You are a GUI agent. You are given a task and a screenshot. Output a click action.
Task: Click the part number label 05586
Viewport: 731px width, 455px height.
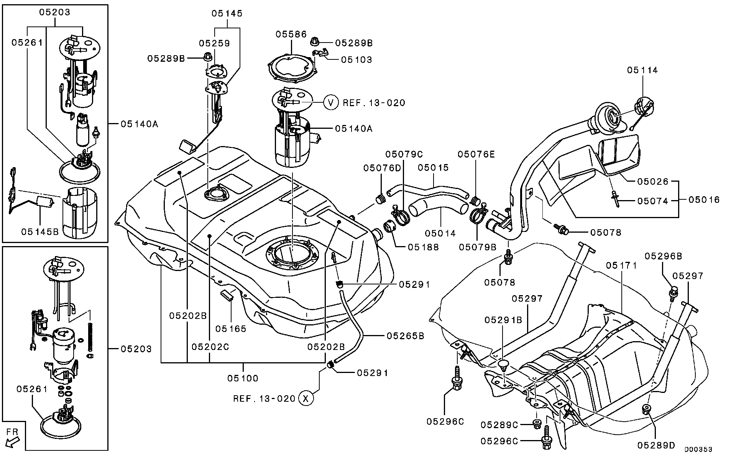(x=291, y=34)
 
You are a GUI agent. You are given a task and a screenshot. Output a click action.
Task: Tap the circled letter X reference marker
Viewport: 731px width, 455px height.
(x=306, y=398)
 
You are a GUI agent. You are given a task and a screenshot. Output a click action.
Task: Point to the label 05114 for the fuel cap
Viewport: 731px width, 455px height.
(x=642, y=70)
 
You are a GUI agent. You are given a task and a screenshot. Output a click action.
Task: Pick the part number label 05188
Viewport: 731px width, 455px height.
(x=423, y=247)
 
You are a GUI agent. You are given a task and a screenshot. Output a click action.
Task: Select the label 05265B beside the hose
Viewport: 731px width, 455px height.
(x=405, y=336)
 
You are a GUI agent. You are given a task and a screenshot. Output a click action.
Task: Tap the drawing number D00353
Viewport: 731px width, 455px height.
(x=698, y=449)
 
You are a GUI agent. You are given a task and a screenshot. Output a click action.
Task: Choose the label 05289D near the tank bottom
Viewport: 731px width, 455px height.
(x=656, y=445)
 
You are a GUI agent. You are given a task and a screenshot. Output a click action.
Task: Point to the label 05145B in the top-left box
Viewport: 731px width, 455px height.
(x=40, y=232)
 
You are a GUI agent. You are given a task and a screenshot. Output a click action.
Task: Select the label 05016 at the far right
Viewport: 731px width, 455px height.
(x=704, y=200)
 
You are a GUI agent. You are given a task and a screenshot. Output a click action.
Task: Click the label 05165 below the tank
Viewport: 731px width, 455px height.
(x=230, y=329)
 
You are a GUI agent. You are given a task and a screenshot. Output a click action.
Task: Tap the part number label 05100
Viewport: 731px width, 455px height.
(x=243, y=378)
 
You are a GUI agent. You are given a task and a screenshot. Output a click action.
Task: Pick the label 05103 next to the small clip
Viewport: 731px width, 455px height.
(x=356, y=59)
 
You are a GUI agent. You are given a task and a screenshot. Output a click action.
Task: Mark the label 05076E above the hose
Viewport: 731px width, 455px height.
(x=476, y=154)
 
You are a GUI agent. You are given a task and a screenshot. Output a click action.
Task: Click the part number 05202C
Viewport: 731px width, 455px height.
(x=210, y=347)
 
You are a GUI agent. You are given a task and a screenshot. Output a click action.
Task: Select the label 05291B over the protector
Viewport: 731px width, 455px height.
(x=503, y=320)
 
